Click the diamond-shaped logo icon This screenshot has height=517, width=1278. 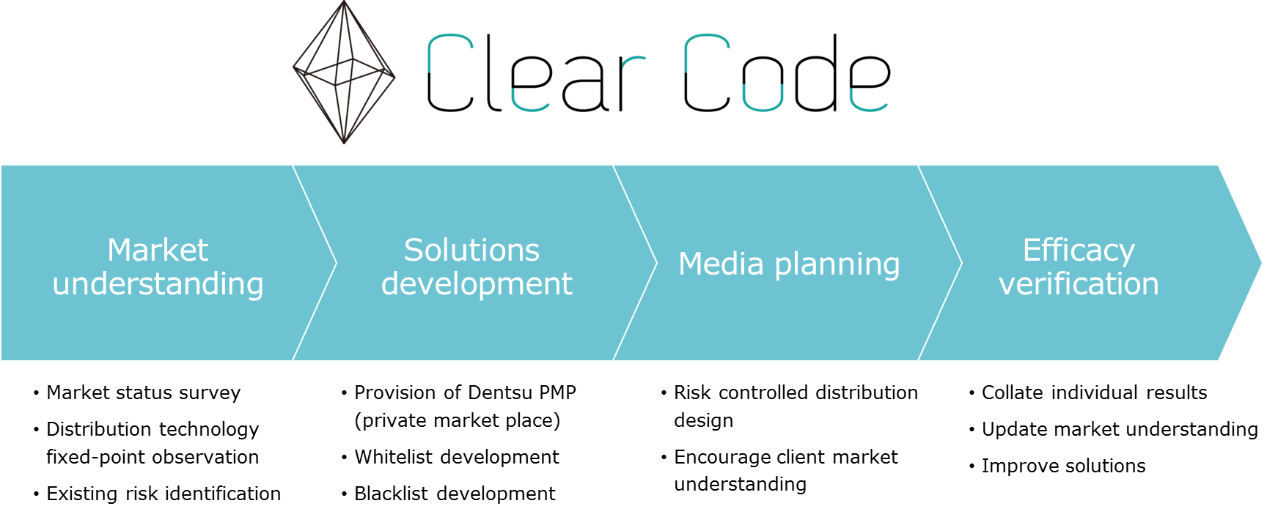(344, 72)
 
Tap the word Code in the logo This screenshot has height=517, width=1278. (787, 73)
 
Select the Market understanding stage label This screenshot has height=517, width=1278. (158, 267)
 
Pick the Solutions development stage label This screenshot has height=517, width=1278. (477, 267)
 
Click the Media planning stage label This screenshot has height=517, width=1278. (789, 264)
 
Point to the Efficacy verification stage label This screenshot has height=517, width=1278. (1079, 267)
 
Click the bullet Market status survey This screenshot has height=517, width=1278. (144, 393)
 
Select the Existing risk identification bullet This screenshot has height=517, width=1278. (164, 494)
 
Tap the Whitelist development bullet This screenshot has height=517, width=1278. (457, 457)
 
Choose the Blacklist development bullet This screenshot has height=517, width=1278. (455, 494)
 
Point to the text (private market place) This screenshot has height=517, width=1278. (458, 421)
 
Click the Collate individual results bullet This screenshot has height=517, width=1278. (1094, 393)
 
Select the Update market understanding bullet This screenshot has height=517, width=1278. (1120, 430)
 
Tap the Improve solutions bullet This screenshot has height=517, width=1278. (1063, 466)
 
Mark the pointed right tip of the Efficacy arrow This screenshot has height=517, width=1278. (1261, 263)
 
